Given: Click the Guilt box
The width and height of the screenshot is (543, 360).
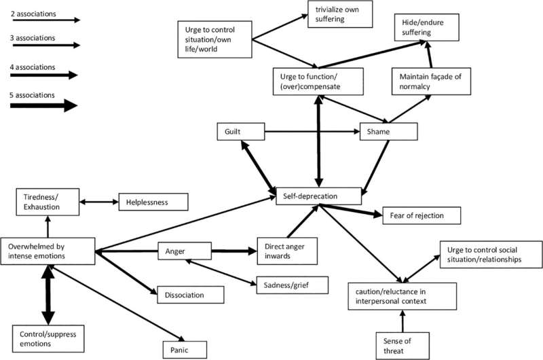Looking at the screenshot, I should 240,130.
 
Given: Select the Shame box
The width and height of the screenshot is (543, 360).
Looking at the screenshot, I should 388,131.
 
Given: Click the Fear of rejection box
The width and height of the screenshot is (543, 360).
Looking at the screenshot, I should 422,215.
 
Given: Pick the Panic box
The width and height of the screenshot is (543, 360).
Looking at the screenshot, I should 184,331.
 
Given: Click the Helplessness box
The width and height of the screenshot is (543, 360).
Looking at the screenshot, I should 153,202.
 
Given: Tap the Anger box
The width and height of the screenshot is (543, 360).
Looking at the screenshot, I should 184,251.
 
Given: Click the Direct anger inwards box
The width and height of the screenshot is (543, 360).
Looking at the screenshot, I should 285,251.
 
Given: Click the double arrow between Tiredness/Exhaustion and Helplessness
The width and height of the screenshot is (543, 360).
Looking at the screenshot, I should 99,201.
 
